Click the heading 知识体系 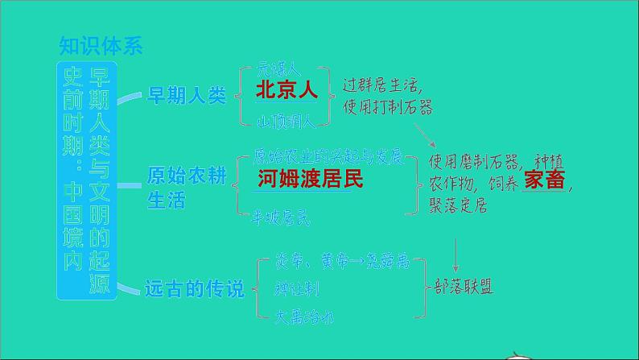[101, 44]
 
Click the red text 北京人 [287, 90]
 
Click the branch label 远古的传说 [193, 288]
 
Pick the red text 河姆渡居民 [311, 179]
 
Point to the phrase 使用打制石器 [387, 107]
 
